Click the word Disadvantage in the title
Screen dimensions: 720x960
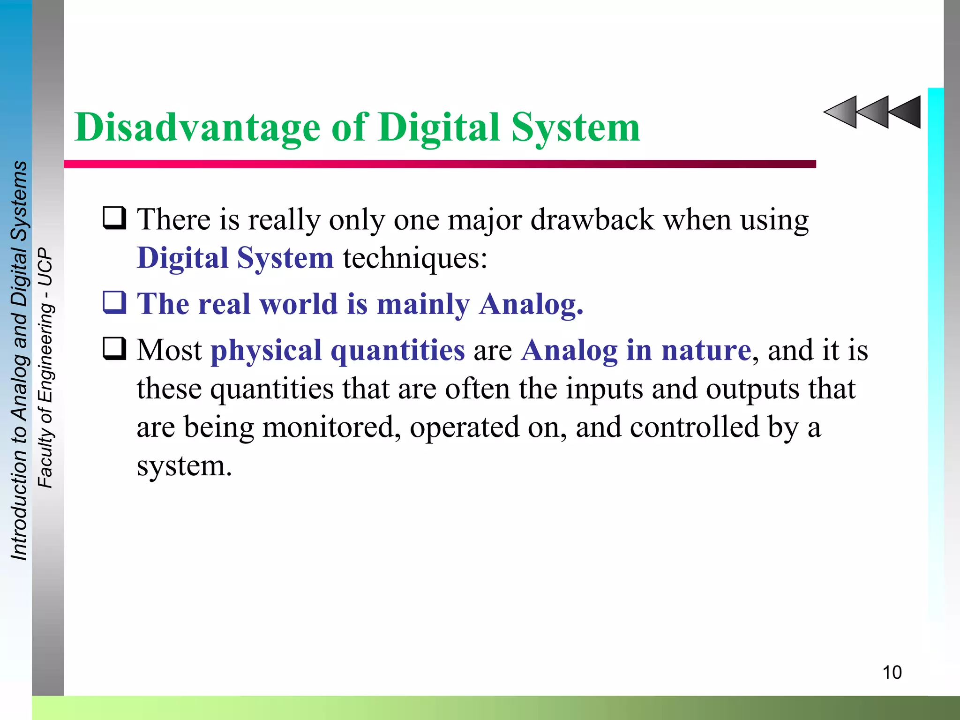tap(197, 127)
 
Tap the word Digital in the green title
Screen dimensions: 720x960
tap(439, 127)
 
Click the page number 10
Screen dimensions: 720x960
tap(892, 672)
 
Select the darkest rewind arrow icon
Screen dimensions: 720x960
tap(906, 112)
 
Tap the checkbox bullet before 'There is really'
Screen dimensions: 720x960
tap(114, 218)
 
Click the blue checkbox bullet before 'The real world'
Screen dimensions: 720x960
tap(114, 302)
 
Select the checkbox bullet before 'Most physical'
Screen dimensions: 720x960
tap(114, 349)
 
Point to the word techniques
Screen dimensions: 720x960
tap(415, 258)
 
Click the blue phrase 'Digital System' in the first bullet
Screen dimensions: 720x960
tap(235, 258)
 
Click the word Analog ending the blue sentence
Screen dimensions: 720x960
tap(531, 305)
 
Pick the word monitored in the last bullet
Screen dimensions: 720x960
tap(331, 427)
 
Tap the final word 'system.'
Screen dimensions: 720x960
tap(184, 466)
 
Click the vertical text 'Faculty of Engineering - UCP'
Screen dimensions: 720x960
tap(45, 368)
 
